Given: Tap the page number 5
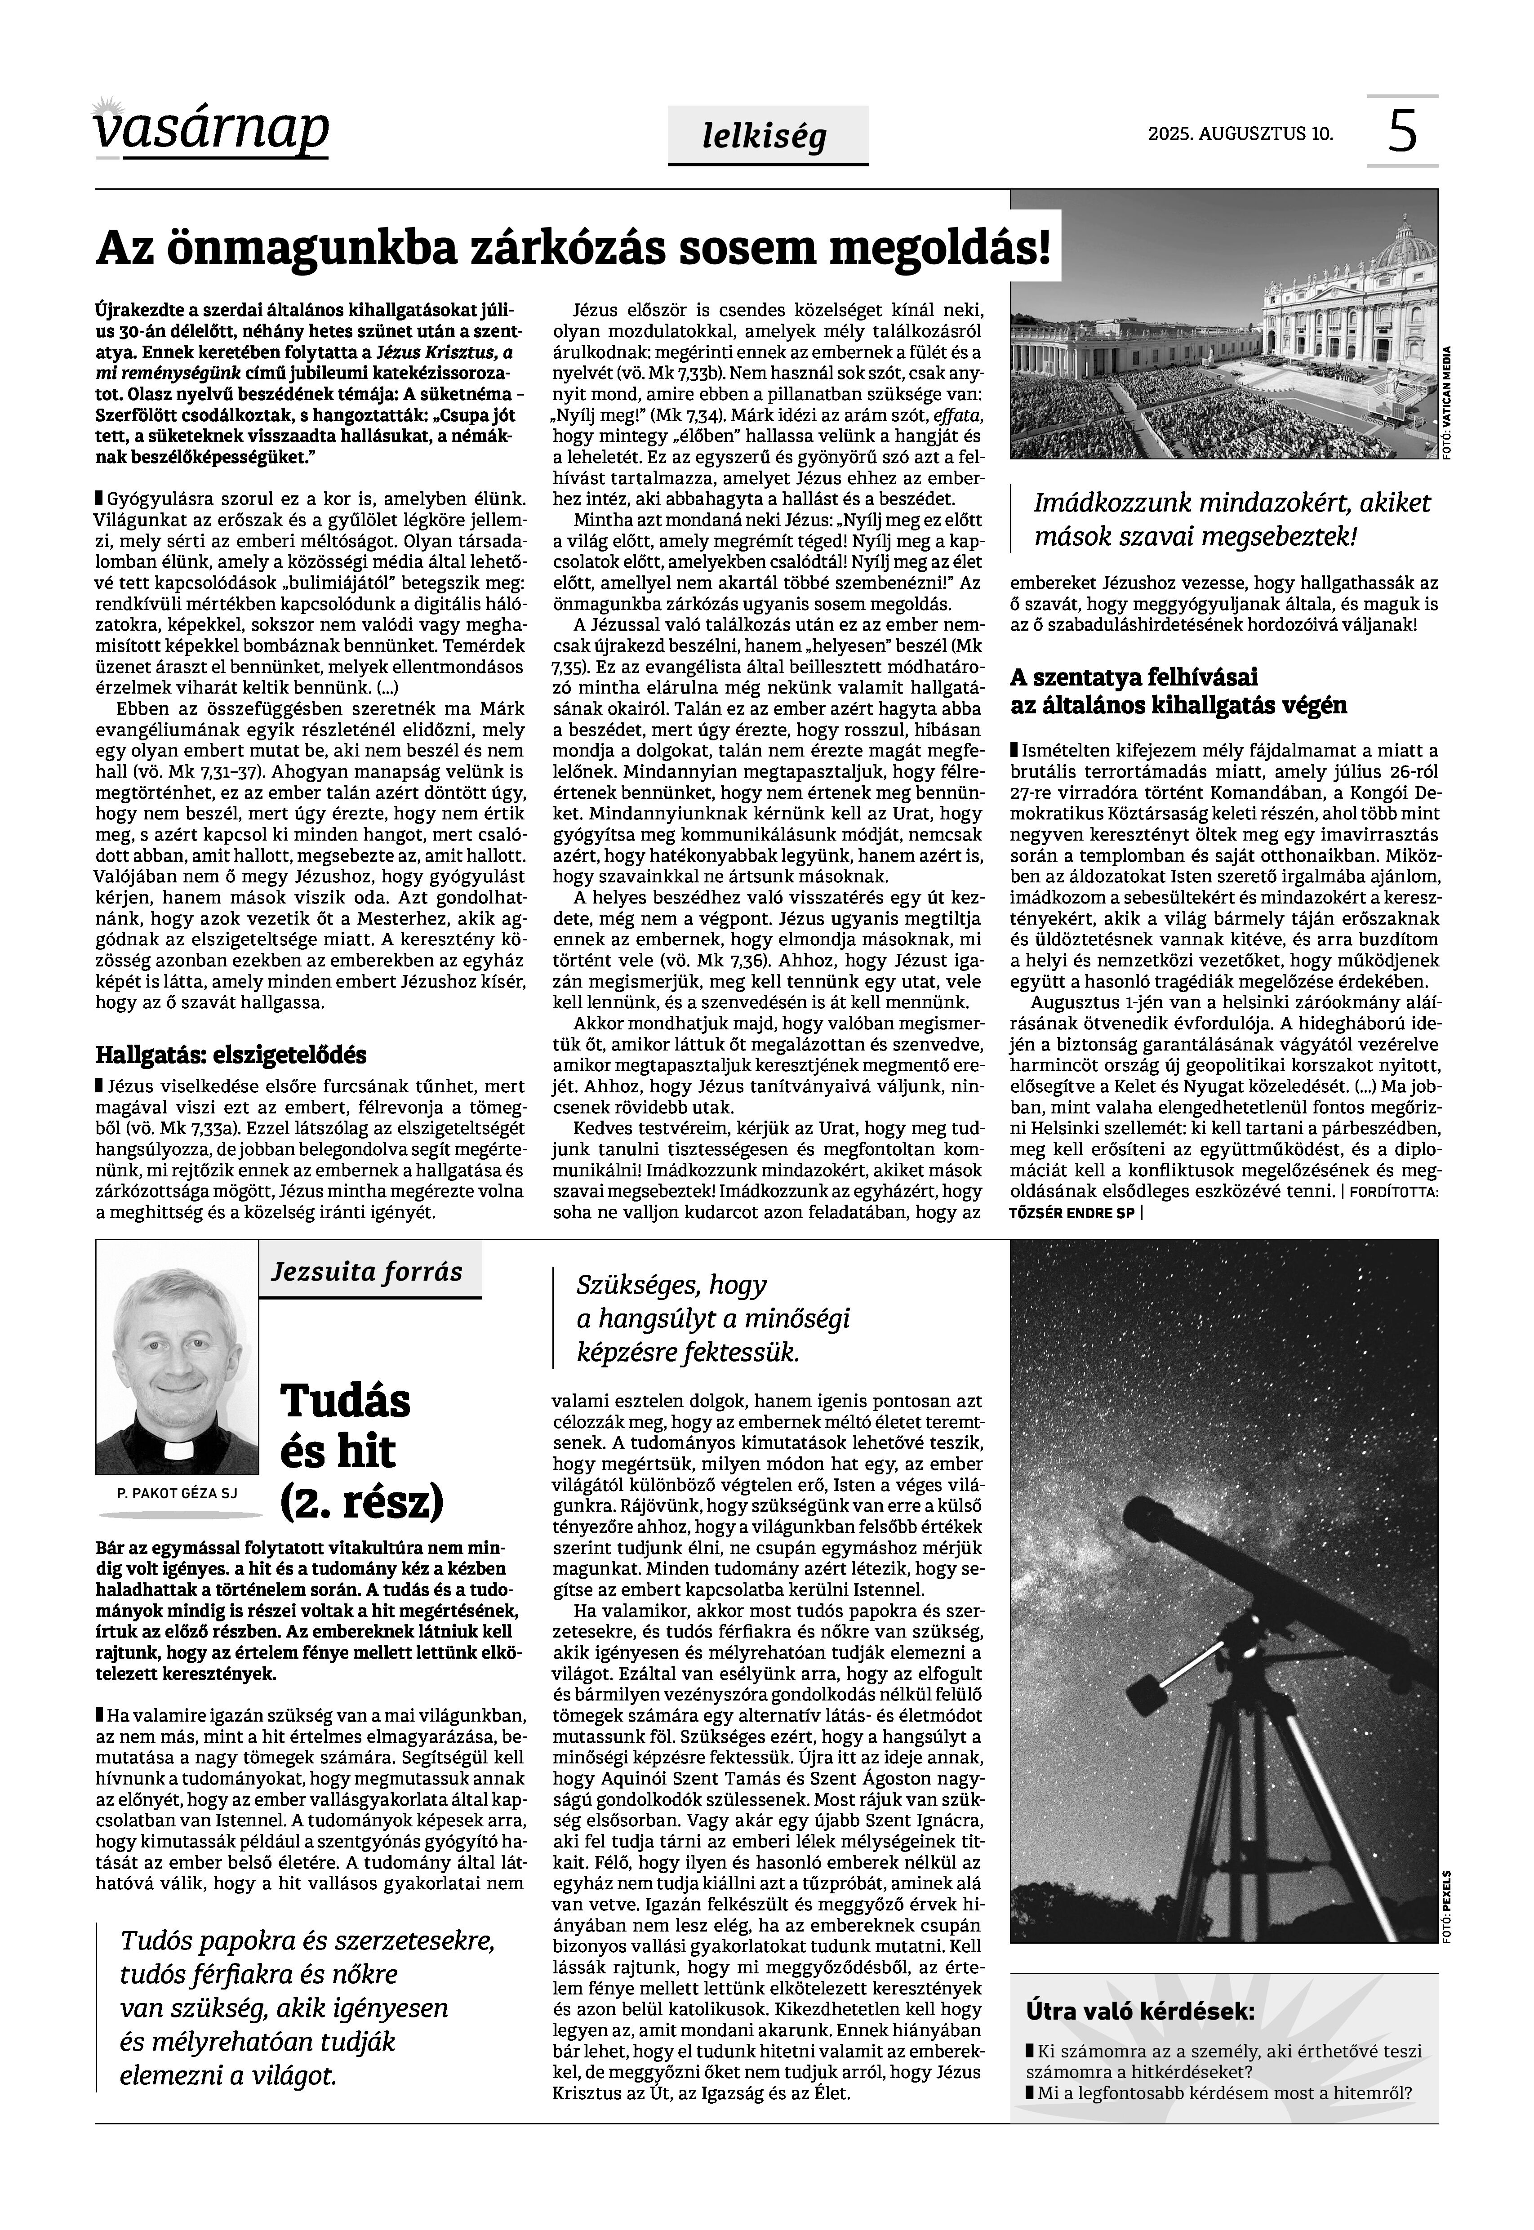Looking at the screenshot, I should pyautogui.click(x=1402, y=132).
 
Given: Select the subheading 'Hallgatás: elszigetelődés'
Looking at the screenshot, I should pyautogui.click(x=231, y=1055).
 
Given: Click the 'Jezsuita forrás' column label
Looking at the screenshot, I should pyautogui.click(x=367, y=1272).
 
